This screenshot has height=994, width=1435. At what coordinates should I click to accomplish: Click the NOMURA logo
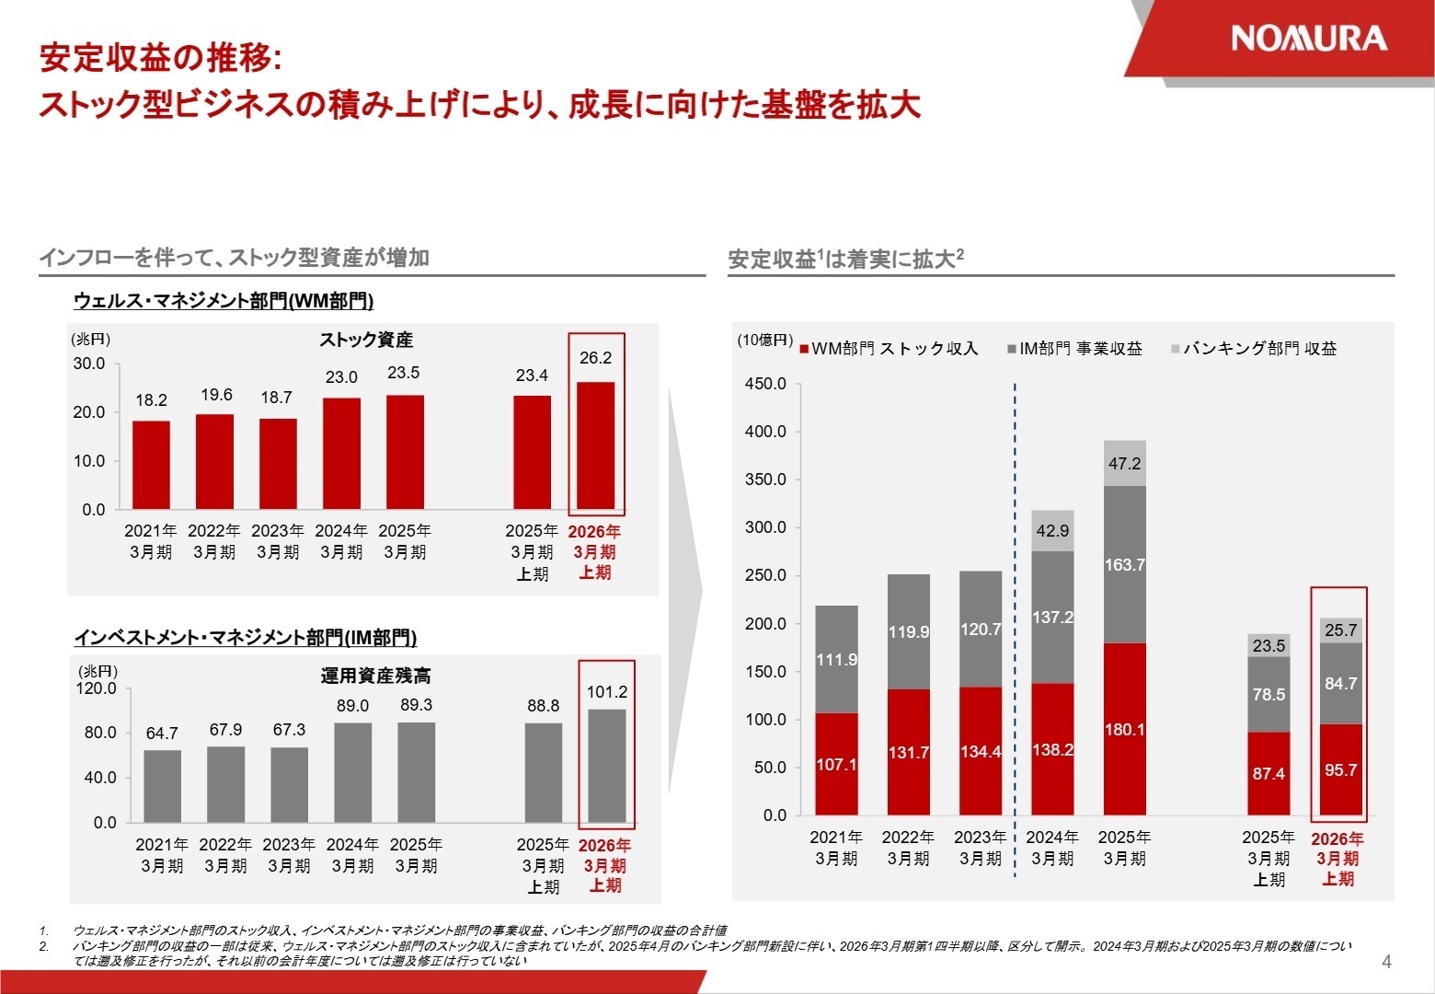[1308, 39]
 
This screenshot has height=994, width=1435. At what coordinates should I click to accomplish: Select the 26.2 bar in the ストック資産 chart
[595, 445]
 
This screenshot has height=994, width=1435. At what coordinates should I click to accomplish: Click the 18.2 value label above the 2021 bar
[151, 400]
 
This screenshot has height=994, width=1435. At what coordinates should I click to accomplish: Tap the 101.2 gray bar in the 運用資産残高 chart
[606, 765]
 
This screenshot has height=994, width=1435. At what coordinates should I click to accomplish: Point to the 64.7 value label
[162, 734]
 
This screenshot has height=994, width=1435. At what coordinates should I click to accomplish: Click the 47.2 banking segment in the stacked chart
[1124, 463]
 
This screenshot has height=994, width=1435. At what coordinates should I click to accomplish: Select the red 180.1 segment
[1124, 729]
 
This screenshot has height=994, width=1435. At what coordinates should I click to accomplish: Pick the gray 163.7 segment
[1124, 564]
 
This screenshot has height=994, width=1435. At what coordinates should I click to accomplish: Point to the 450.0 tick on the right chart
[765, 384]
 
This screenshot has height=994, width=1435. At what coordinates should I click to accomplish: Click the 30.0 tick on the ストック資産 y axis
[89, 364]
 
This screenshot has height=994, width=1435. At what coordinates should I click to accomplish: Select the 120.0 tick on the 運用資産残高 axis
[96, 688]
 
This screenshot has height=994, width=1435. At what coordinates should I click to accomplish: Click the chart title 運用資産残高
[375, 676]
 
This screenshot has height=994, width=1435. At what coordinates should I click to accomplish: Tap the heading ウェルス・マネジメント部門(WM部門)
[224, 301]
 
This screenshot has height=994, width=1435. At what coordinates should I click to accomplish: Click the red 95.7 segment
[1339, 769]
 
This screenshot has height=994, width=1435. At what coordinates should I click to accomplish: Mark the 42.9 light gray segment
[1052, 531]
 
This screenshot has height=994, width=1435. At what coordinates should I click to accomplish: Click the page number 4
[1386, 963]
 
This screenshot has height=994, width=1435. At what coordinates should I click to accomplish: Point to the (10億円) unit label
[763, 340]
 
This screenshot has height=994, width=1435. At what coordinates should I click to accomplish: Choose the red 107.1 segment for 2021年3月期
[836, 764]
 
